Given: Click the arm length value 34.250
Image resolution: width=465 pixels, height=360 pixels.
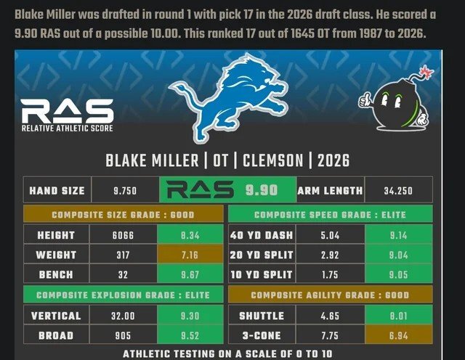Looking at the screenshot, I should point(399,191).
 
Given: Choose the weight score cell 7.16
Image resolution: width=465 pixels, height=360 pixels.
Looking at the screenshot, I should point(187,255).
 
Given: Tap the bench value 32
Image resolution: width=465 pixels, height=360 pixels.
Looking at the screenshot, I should point(123,275).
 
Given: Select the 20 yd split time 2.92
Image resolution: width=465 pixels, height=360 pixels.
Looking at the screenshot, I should point(330,255).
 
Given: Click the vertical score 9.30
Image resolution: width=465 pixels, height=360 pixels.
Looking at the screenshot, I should point(187,316).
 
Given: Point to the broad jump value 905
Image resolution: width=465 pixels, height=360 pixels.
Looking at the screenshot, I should point(123,336).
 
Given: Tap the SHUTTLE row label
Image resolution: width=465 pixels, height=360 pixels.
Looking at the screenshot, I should point(262,316).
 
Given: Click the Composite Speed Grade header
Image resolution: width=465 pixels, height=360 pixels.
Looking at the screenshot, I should point(331,215).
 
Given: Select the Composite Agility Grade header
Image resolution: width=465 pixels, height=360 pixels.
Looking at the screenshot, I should point(331,295).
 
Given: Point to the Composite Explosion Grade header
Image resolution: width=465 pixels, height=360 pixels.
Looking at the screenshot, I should point(123,295).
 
